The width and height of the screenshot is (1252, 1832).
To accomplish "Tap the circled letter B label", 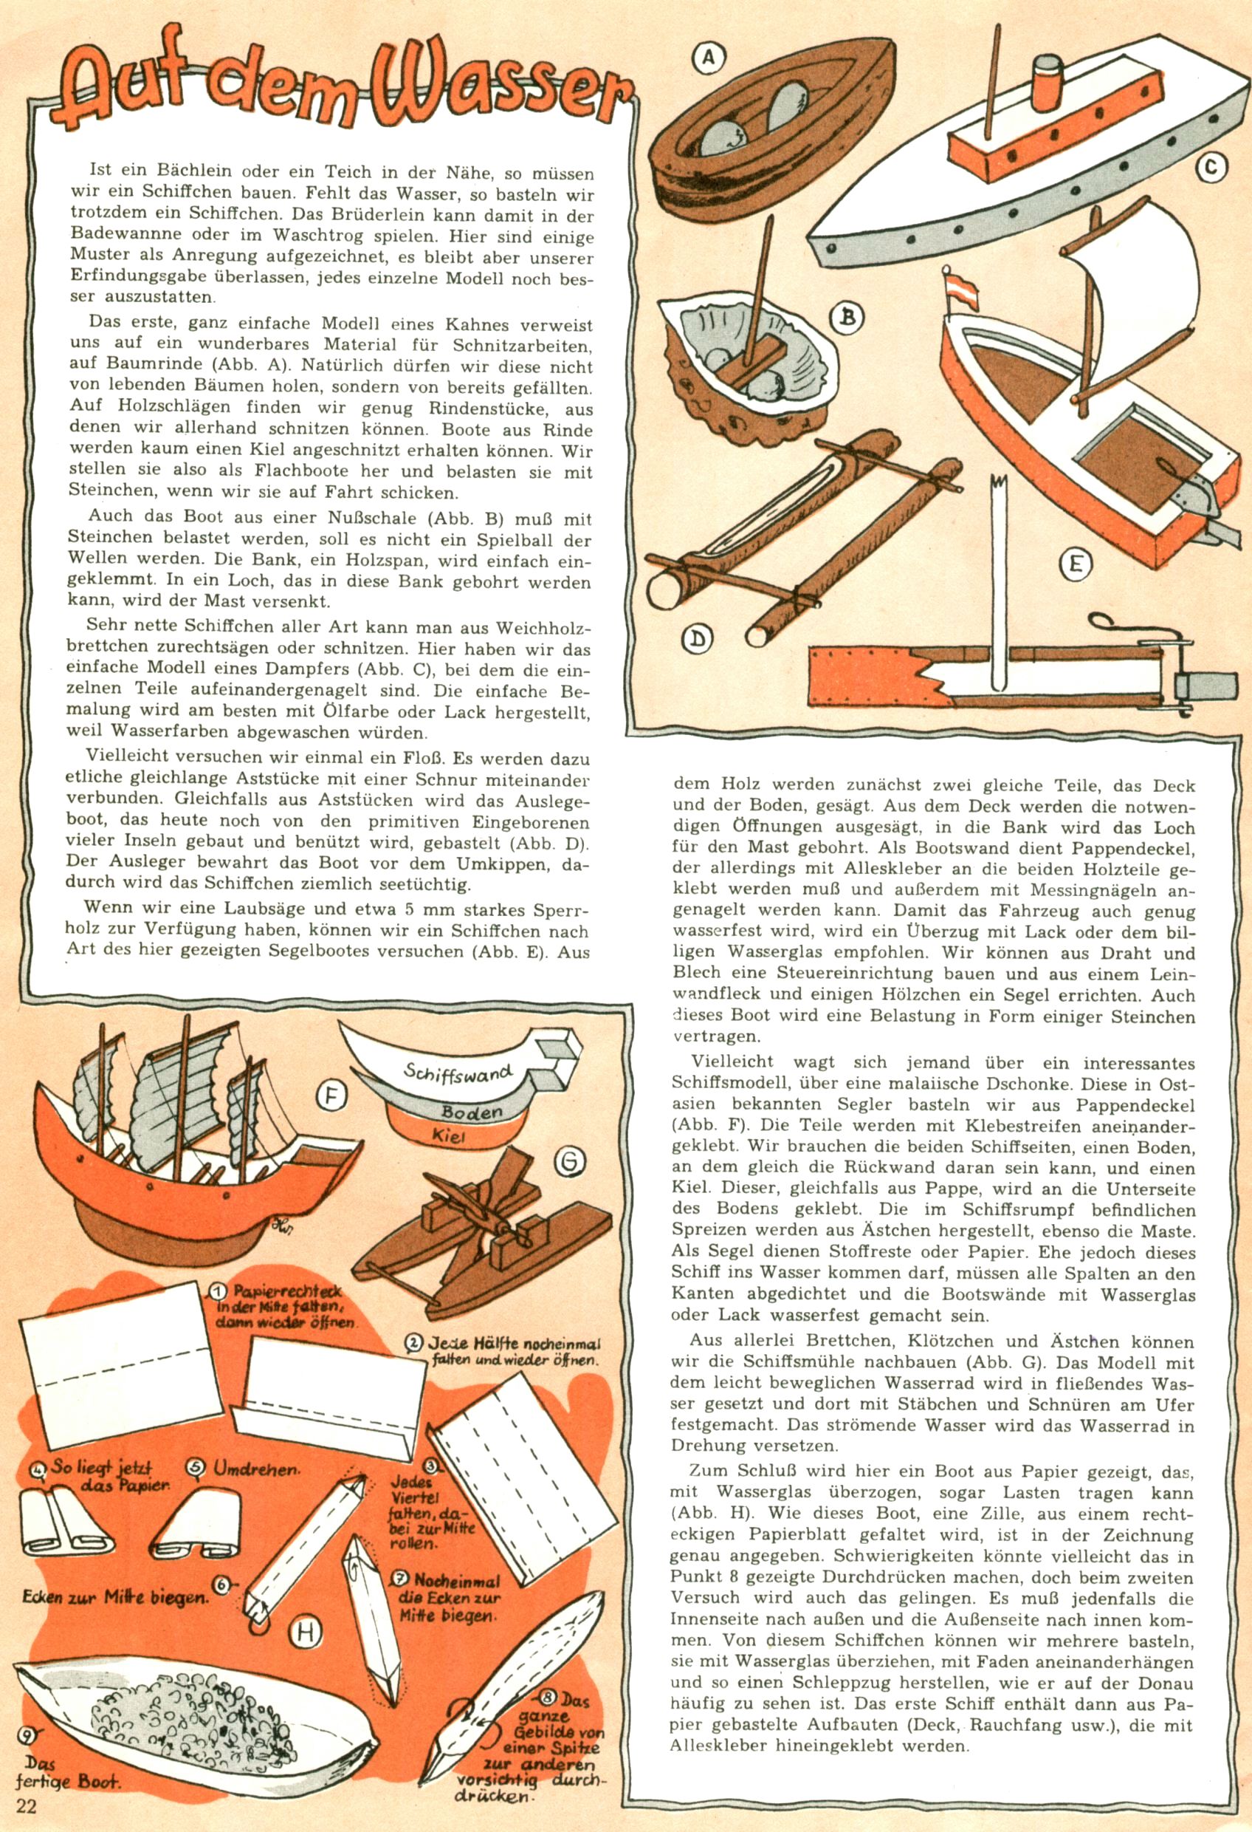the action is coord(847,318).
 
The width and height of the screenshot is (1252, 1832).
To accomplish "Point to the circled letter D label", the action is coord(697,638).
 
